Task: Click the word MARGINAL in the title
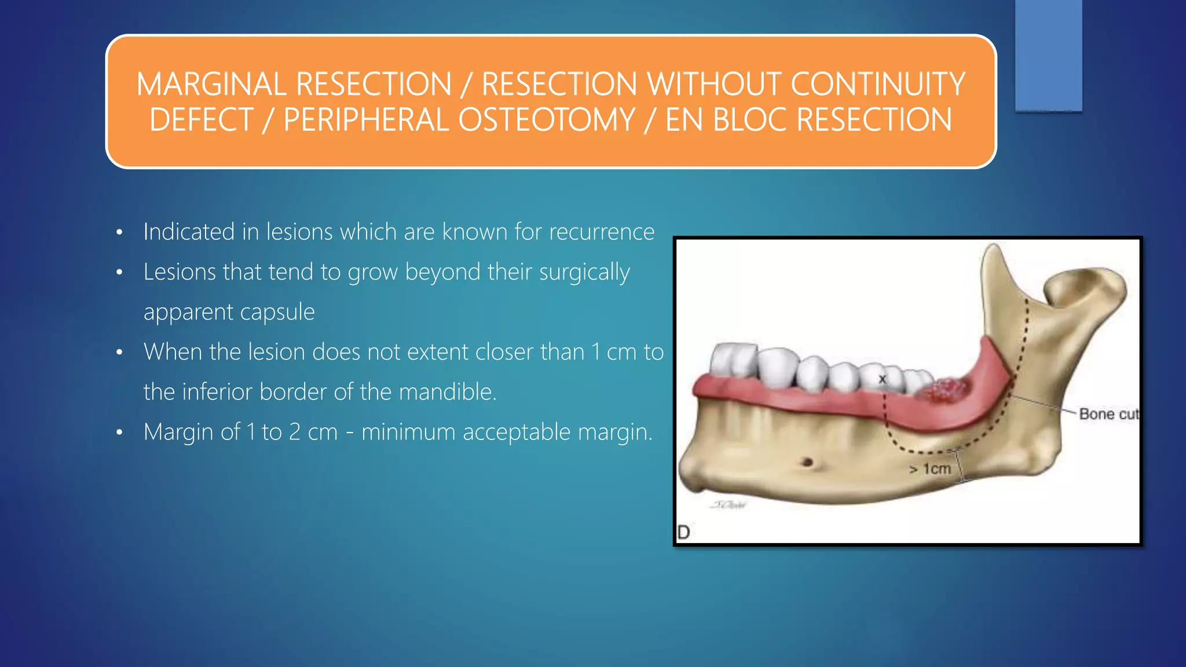click(211, 85)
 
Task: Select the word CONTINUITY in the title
click(877, 85)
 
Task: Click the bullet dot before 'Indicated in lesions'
click(119, 233)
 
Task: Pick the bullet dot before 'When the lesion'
click(119, 353)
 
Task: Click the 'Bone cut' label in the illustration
click(1107, 414)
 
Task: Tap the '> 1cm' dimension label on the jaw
click(929, 468)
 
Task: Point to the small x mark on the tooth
click(882, 379)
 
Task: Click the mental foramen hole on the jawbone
click(806, 462)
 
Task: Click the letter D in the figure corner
click(683, 532)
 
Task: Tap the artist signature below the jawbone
click(729, 505)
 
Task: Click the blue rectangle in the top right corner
click(1048, 55)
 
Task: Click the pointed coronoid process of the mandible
click(994, 255)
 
